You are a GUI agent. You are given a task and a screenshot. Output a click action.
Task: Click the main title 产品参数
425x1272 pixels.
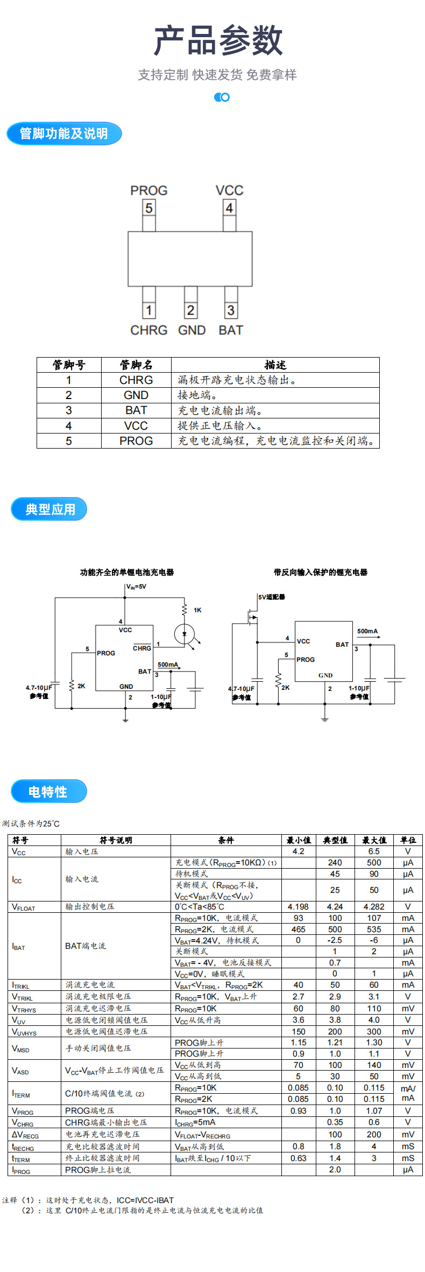(218, 41)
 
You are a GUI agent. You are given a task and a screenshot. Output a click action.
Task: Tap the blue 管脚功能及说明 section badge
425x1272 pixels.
(64, 134)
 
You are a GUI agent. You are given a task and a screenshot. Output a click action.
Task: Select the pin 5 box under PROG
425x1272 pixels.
(149, 208)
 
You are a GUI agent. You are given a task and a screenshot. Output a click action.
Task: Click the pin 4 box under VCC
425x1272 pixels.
(230, 208)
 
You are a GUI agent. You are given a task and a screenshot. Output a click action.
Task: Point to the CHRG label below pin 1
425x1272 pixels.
(149, 330)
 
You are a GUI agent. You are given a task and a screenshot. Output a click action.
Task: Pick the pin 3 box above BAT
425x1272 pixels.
(231, 310)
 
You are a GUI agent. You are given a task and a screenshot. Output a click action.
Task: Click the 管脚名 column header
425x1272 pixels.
(136, 365)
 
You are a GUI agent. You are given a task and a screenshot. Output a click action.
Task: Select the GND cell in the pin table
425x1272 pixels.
(136, 395)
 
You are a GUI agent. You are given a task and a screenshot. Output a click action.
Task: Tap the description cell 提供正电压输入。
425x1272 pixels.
(221, 426)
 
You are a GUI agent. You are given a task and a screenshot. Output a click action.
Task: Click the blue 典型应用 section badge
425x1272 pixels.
(49, 509)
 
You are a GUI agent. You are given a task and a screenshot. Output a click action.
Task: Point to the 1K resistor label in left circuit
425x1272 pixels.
(197, 610)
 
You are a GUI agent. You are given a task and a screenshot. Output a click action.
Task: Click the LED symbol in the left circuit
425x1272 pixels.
(185, 633)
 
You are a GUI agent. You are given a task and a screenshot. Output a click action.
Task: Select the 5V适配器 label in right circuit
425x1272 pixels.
(272, 597)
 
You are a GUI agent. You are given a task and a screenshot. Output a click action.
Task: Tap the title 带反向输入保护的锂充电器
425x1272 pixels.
(320, 572)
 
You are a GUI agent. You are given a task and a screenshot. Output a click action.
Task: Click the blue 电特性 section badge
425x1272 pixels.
(48, 792)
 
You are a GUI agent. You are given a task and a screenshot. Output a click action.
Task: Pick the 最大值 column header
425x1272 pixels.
(374, 840)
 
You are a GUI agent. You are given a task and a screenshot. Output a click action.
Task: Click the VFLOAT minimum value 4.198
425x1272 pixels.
(298, 907)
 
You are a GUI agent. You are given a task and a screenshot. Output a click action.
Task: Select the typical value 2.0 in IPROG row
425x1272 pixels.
(335, 1170)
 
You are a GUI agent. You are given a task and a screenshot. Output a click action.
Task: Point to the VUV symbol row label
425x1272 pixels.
(19, 1021)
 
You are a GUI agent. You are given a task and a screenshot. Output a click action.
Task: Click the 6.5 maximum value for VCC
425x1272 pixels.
(374, 851)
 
